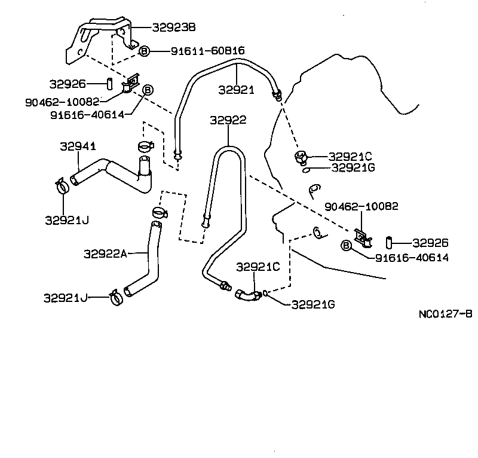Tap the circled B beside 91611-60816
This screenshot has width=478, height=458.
[144, 51]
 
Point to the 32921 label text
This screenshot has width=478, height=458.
[236, 90]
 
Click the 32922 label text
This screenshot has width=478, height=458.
[228, 120]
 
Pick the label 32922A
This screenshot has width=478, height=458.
[105, 254]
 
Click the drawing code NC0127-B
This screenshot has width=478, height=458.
[445, 313]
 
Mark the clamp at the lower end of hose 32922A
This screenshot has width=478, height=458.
[116, 295]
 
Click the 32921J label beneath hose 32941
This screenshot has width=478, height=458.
[66, 219]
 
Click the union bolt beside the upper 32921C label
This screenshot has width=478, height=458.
[300, 158]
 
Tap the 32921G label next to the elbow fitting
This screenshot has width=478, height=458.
[312, 304]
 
